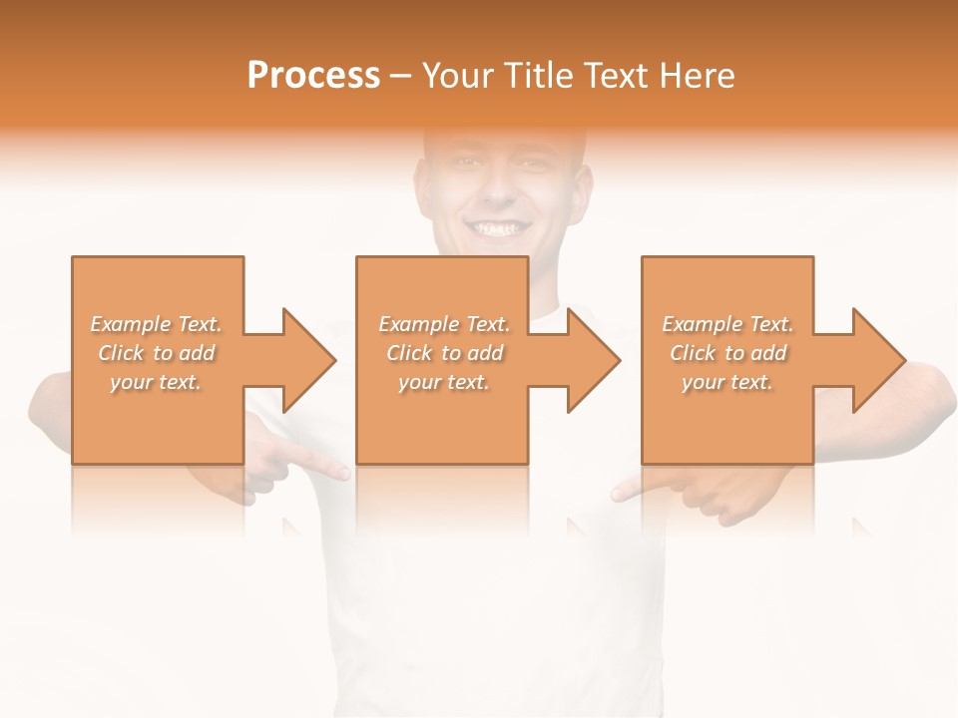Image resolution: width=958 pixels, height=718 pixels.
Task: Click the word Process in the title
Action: [x=313, y=75]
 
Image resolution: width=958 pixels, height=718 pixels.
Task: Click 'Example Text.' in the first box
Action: [x=156, y=324]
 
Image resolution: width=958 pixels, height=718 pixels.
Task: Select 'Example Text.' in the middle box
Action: [x=443, y=324]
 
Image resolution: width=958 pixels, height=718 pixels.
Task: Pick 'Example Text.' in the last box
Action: [x=727, y=324]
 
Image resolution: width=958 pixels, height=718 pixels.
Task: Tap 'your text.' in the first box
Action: [x=156, y=382]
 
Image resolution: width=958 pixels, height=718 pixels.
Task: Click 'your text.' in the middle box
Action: [x=443, y=382]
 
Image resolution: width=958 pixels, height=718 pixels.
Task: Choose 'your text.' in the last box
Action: [x=727, y=382]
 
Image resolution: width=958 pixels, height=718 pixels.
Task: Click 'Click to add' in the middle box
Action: [x=443, y=353]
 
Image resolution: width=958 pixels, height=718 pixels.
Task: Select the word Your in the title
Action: [x=456, y=75]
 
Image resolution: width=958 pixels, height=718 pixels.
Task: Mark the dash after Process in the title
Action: [x=401, y=77]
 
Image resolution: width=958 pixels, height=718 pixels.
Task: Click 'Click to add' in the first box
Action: [x=156, y=353]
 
